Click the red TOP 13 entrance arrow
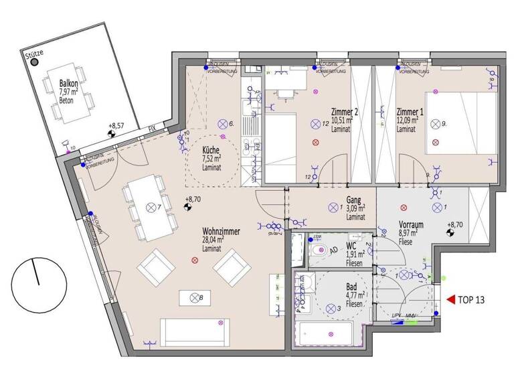pos(451,300)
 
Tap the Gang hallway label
pos(355,200)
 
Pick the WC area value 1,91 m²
pos(354,254)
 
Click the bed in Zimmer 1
pos(462,124)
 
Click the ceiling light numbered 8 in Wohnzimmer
pos(194,297)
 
